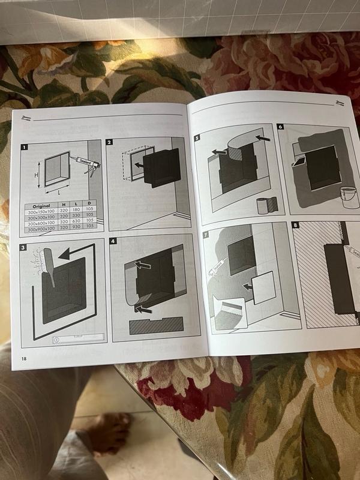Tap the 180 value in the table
tap(75, 211)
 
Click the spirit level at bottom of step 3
tap(70, 338)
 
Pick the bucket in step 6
tap(345, 193)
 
